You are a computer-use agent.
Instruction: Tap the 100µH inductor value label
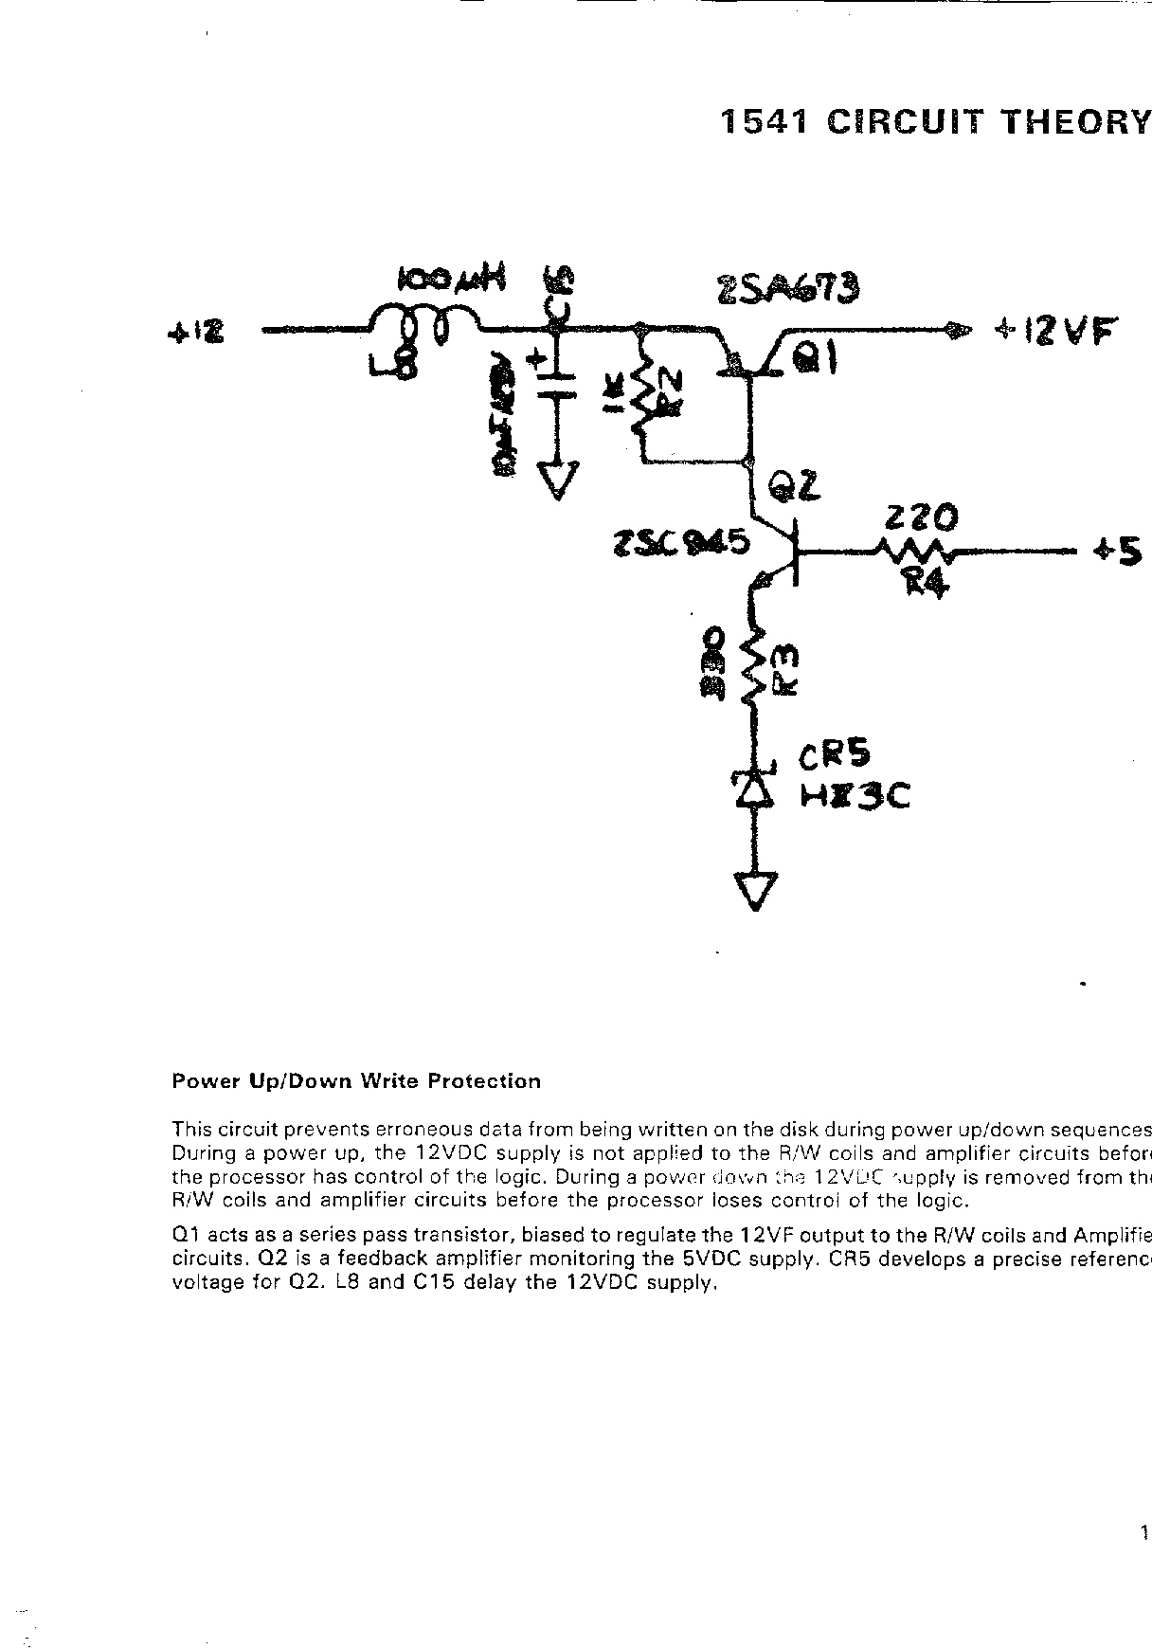pos(452,279)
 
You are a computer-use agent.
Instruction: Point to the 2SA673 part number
pos(788,286)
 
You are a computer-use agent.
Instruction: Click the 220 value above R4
pos(920,517)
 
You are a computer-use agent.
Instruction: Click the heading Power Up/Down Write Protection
pos(356,1081)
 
